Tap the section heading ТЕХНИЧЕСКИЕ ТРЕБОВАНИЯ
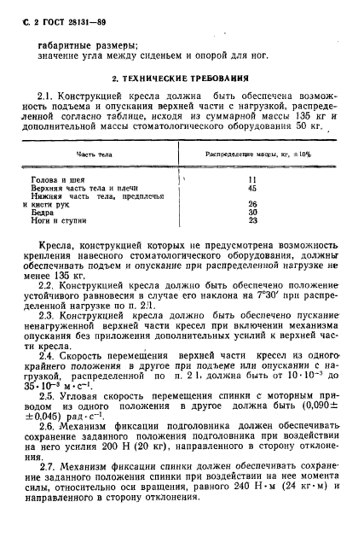pos(188,77)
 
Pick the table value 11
pos(252,180)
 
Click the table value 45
pos(252,188)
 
